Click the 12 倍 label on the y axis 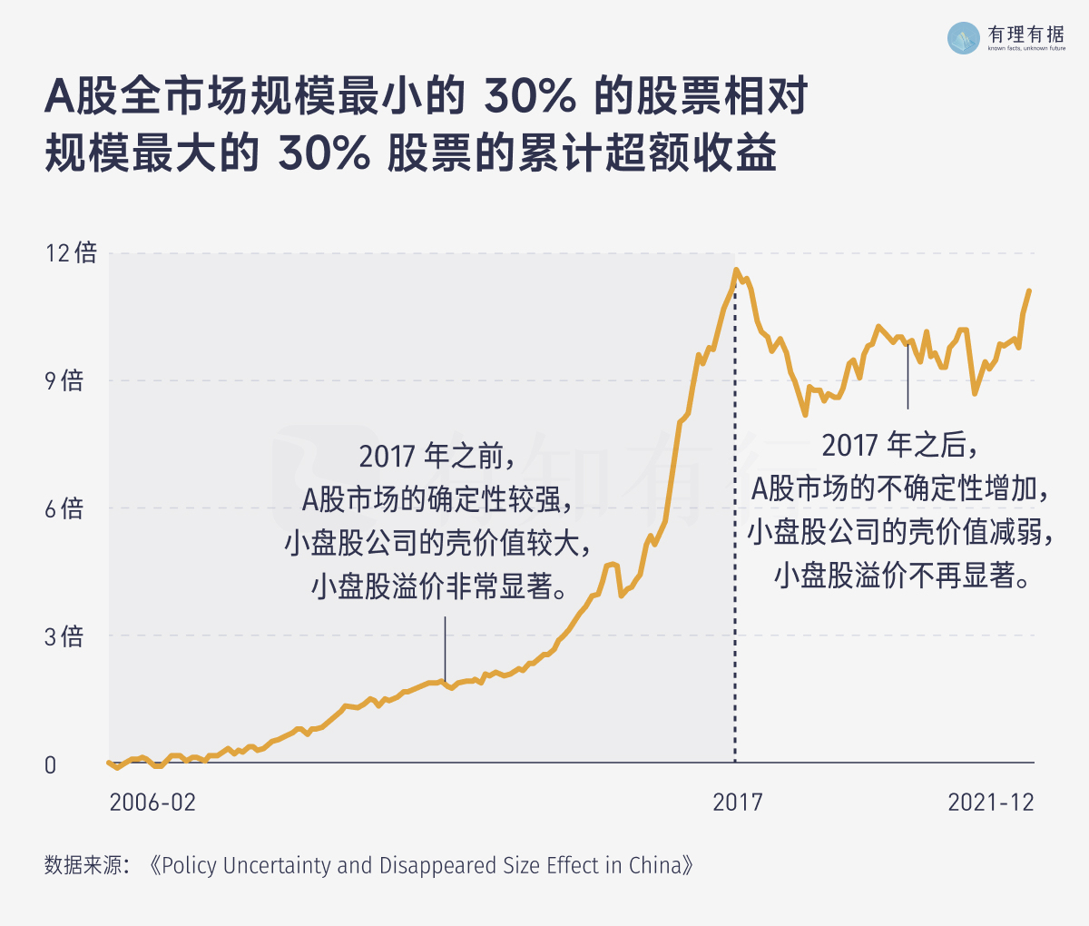(71, 252)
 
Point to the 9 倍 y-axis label (64, 380)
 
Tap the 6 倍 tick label (64, 508)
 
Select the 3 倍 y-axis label (64, 636)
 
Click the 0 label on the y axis (51, 765)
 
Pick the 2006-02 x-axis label (152, 803)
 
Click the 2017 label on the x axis (737, 803)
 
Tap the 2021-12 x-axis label (991, 803)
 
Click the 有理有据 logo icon (964, 37)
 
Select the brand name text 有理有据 (1025, 34)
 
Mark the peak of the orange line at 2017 (736, 270)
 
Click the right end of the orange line (1029, 291)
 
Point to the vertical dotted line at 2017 (735, 545)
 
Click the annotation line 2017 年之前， (437, 456)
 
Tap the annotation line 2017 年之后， (900, 446)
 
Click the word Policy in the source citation (189, 865)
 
